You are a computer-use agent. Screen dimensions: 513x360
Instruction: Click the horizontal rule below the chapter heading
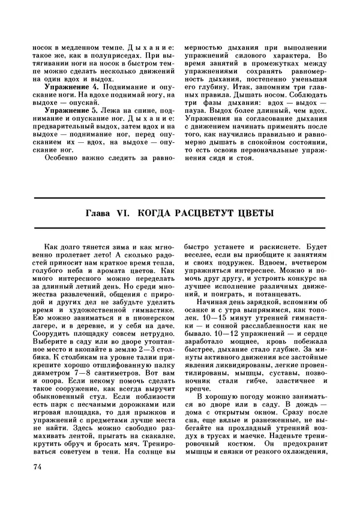tap(180, 228)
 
